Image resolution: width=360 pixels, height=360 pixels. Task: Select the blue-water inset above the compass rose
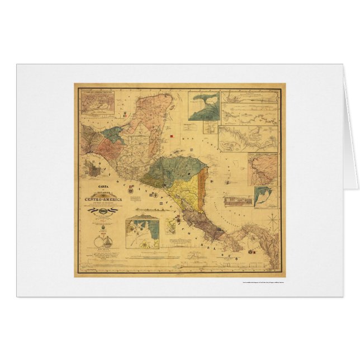click(x=262, y=197)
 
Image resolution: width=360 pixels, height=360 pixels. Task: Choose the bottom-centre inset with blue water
click(x=142, y=233)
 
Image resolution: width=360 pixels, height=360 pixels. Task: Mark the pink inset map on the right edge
click(x=263, y=168)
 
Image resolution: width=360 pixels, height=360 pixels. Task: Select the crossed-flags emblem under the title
click(x=103, y=211)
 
